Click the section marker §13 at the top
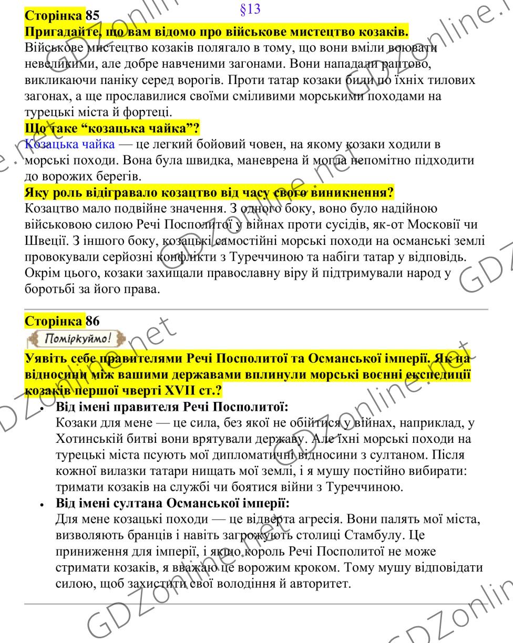pyautogui.click(x=249, y=9)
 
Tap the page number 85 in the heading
pyautogui.click(x=93, y=15)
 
